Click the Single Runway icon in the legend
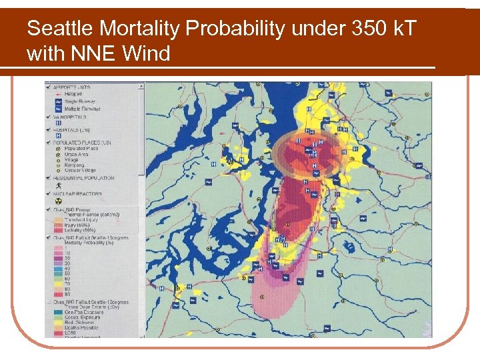58,102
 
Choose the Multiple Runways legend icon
58,108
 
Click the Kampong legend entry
73,165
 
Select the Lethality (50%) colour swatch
58,229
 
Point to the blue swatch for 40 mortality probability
58,268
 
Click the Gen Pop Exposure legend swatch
58,311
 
